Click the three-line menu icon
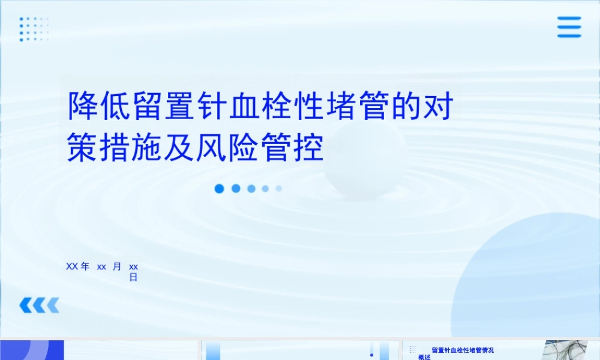[569, 27]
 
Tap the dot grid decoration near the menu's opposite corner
[34, 29]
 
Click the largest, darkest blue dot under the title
[220, 188]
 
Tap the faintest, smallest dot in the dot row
[279, 188]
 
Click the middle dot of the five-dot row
[251, 188]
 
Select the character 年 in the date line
[85, 266]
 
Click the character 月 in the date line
[117, 266]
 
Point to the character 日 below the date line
[133, 277]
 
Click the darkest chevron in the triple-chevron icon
[26, 306]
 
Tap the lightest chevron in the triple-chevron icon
[53, 306]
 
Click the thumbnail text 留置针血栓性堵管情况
[463, 350]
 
